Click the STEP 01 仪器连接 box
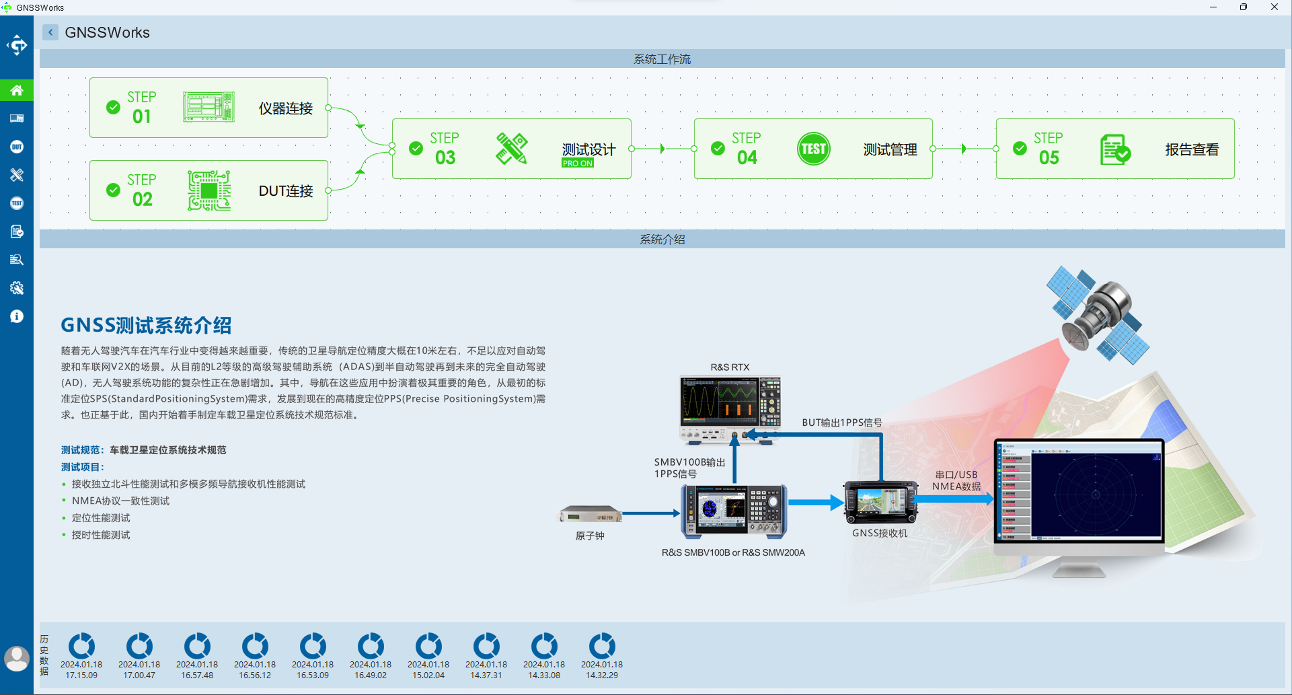pos(208,108)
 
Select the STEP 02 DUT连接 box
pos(208,190)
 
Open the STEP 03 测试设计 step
pos(511,149)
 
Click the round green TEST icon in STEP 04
pos(813,149)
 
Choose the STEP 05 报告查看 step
pos(1114,149)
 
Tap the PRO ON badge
pos(578,163)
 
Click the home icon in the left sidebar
pos(17,90)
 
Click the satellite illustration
pos(1096,315)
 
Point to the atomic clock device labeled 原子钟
pos(590,515)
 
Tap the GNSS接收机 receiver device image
pos(880,503)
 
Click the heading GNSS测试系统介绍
pos(146,326)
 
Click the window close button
pos(1274,7)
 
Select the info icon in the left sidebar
pos(17,316)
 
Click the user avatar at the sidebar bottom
pos(17,658)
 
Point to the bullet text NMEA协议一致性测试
pos(120,501)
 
